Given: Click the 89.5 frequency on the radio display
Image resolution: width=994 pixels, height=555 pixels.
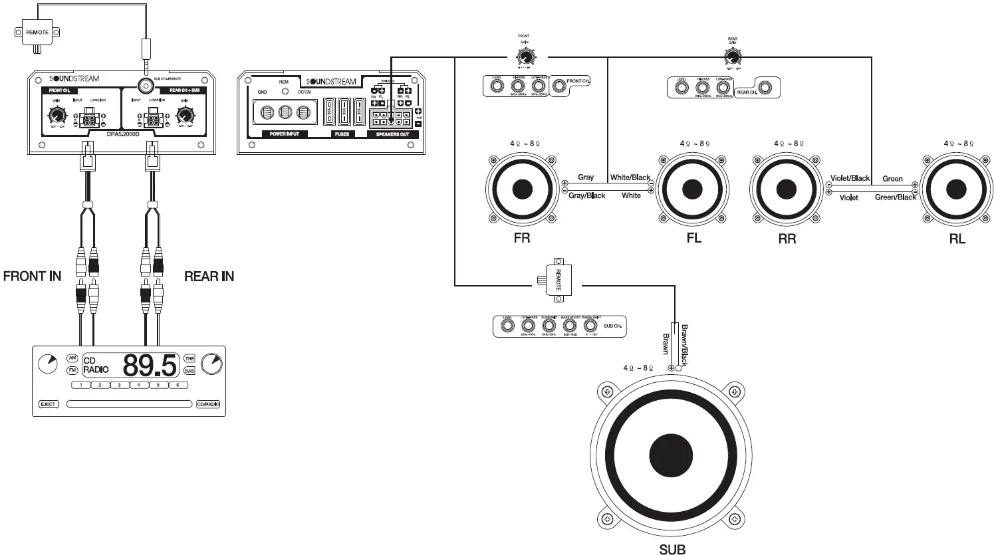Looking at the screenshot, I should (150, 366).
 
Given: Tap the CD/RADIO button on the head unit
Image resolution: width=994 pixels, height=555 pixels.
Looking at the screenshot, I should (207, 404).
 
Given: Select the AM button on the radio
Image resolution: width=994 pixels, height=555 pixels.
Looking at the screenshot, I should (72, 358).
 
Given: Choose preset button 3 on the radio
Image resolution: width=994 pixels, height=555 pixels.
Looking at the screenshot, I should (119, 385).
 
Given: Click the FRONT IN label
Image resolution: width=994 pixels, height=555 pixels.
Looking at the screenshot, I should (33, 276).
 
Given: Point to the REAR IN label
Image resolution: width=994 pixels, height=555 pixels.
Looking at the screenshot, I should (209, 276).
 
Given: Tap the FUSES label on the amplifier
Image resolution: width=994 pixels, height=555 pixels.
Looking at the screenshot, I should (340, 134).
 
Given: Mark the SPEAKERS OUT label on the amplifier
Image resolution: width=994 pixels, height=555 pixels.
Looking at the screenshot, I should (392, 134).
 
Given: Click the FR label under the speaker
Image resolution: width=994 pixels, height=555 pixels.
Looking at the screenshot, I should (522, 238).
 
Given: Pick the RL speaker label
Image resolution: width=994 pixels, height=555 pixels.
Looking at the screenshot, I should (957, 239).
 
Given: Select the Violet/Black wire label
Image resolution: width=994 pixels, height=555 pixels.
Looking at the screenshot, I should (850, 178).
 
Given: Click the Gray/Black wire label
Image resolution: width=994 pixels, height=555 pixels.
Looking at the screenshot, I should (587, 196).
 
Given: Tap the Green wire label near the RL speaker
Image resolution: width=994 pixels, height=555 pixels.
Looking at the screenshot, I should (892, 179).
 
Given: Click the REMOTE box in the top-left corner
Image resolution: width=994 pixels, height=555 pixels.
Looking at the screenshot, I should (37, 32).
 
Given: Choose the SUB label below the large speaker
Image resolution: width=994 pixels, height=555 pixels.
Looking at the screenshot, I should (672, 548).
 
